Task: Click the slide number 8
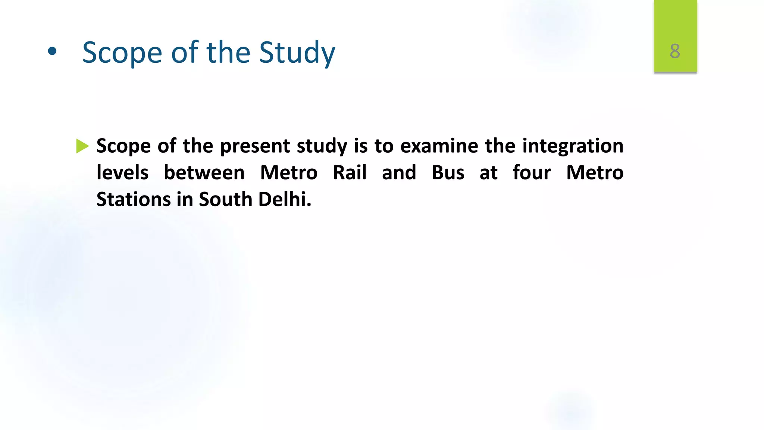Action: tap(675, 51)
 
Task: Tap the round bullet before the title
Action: tap(52, 52)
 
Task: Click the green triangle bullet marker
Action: tap(82, 146)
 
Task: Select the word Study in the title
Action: tap(297, 53)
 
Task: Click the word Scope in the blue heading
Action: tap(122, 53)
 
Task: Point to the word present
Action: tap(255, 146)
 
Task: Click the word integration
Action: tap(573, 146)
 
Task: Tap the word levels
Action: tap(122, 173)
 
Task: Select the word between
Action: tap(204, 173)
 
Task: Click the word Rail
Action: tap(350, 173)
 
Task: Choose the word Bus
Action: tap(448, 173)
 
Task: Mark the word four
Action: tap(532, 173)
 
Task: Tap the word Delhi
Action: tap(284, 199)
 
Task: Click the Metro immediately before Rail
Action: tap(289, 173)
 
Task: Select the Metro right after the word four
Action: tap(595, 173)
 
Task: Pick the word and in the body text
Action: tap(399, 173)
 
